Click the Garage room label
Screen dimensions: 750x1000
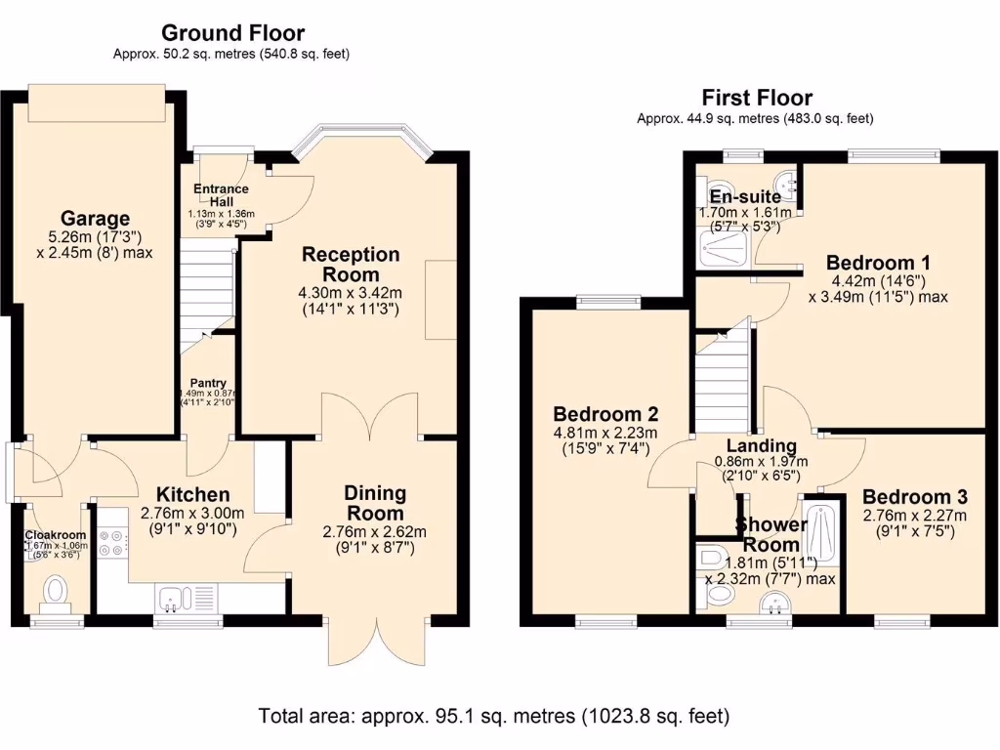click(x=95, y=218)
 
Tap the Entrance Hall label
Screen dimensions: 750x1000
click(x=221, y=194)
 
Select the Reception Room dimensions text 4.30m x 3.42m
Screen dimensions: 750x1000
click(x=351, y=293)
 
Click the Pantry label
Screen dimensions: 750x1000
click(x=208, y=383)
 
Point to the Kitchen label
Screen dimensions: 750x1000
click(x=185, y=495)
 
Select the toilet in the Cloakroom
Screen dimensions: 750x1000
click(x=56, y=590)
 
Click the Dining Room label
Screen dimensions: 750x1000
click(x=375, y=503)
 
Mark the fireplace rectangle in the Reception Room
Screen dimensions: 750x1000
click(x=440, y=300)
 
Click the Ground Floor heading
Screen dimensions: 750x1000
click(x=232, y=34)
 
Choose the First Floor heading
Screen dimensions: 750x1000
click(x=756, y=98)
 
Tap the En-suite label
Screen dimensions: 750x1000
click(x=744, y=196)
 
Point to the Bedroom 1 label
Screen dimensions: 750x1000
click(x=877, y=263)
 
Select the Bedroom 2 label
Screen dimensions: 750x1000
click(x=604, y=413)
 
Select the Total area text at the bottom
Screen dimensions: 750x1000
click(x=494, y=716)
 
